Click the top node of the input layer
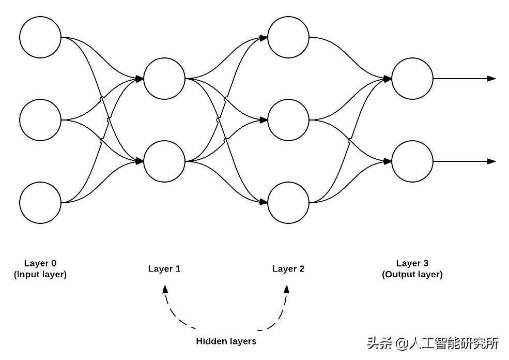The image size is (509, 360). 40,37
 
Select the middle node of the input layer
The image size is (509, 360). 40,120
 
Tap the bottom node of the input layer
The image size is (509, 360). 40,202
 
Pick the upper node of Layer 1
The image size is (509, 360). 164,79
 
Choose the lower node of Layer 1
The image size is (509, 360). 164,161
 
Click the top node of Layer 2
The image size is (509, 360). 288,37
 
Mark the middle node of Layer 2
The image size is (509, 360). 288,120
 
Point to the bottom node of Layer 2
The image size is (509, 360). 288,202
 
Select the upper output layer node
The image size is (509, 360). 412,79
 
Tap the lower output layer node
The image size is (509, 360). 412,161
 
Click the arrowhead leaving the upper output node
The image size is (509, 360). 491,79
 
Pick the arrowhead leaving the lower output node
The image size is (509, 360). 491,161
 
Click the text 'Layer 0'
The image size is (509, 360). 40,263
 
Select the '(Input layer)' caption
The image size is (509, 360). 40,275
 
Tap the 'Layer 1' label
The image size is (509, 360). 164,268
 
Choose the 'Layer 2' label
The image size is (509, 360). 288,268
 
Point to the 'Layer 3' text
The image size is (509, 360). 412,263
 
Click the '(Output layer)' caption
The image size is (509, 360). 412,275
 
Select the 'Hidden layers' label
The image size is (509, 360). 226,341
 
